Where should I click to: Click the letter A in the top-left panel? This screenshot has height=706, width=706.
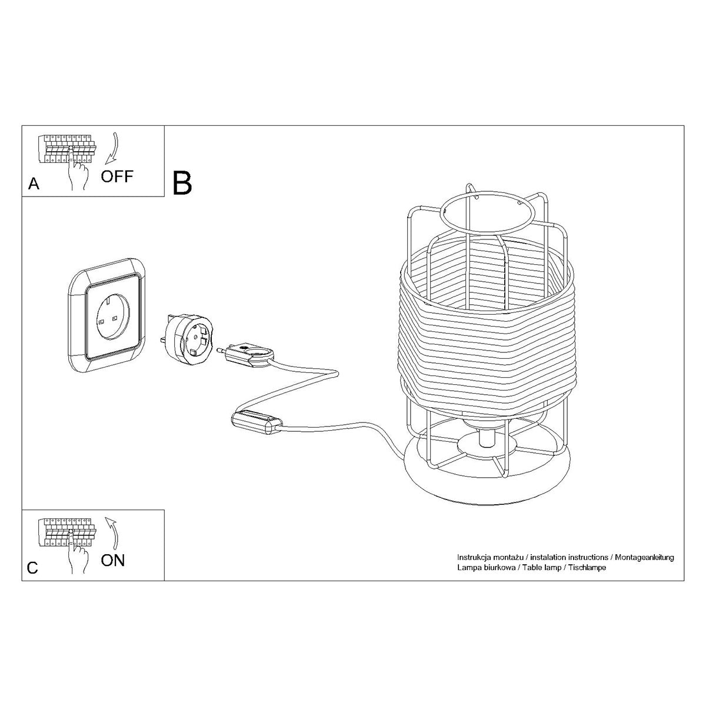tap(34, 184)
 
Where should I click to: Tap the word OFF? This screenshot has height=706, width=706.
tap(117, 176)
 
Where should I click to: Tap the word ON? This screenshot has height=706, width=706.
tap(113, 560)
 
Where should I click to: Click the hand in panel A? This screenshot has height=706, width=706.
tap(77, 175)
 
